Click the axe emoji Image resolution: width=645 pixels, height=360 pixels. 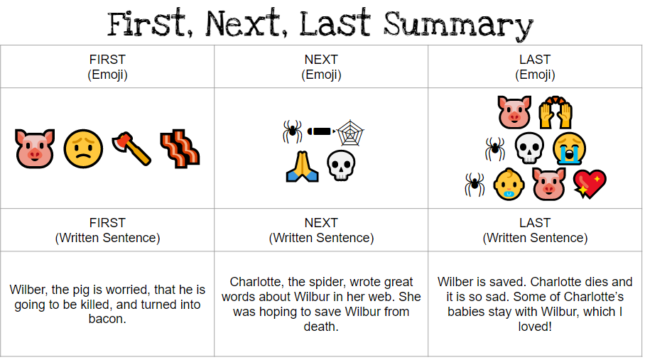131,148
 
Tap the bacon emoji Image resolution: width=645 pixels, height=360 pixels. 178,148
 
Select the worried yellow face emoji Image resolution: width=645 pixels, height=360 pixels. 83,148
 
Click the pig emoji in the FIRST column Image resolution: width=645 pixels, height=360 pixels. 35,148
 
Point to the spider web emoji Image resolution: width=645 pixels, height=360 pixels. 350,132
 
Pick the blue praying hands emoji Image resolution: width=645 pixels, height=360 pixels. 302,166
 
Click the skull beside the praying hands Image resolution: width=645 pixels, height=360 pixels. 340,166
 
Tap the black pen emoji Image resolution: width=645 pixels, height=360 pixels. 321,132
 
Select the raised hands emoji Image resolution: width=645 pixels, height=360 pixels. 555,113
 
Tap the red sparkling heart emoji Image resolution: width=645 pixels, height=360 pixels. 590,184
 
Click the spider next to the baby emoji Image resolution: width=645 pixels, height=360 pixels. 474,184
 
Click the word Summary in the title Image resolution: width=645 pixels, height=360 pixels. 458,25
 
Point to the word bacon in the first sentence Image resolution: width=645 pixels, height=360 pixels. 107,320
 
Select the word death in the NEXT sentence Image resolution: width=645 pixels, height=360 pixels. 320,327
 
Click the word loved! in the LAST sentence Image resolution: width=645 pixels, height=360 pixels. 534,327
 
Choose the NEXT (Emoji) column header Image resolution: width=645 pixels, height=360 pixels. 321,67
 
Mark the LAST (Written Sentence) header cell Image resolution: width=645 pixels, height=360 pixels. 535,230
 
